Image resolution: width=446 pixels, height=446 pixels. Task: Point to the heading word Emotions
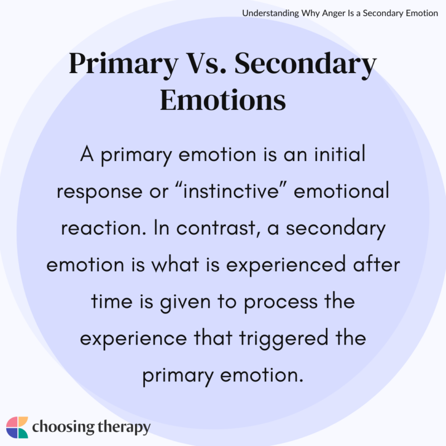click(223, 100)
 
